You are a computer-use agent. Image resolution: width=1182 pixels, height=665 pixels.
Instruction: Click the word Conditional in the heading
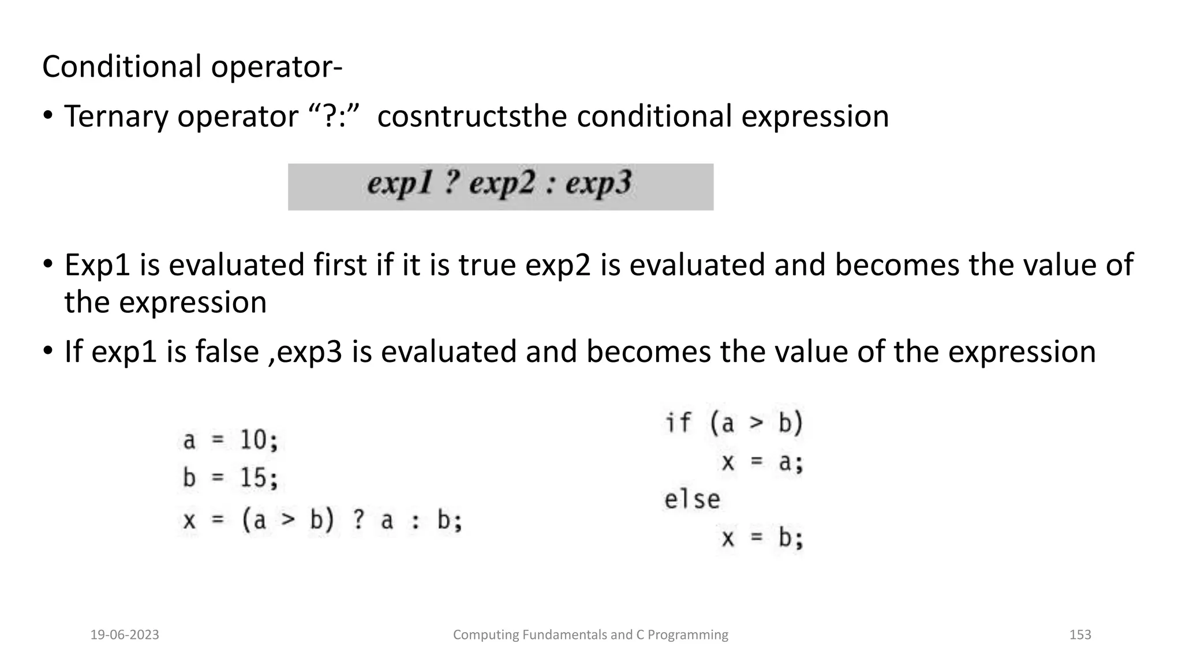pyautogui.click(x=121, y=66)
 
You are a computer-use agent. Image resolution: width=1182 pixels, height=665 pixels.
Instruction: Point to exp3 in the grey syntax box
pyautogui.click(x=599, y=184)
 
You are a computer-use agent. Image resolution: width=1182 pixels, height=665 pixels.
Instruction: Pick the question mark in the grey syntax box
pyautogui.click(x=452, y=184)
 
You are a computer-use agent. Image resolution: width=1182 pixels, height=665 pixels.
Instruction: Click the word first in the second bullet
pyautogui.click(x=340, y=266)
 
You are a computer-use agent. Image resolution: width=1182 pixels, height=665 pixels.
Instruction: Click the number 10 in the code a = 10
pyautogui.click(x=253, y=441)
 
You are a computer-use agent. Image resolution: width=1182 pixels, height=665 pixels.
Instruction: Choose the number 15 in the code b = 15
pyautogui.click(x=253, y=479)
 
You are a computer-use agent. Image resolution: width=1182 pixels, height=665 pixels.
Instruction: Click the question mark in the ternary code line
pyautogui.click(x=358, y=521)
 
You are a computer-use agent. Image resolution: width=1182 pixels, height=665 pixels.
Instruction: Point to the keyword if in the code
pyautogui.click(x=678, y=423)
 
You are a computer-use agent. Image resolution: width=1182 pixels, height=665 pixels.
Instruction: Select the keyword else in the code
pyautogui.click(x=692, y=500)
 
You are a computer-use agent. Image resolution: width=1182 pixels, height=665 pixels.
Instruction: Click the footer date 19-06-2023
pyautogui.click(x=125, y=635)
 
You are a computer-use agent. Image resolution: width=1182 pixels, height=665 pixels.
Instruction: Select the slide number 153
pyautogui.click(x=1080, y=635)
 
